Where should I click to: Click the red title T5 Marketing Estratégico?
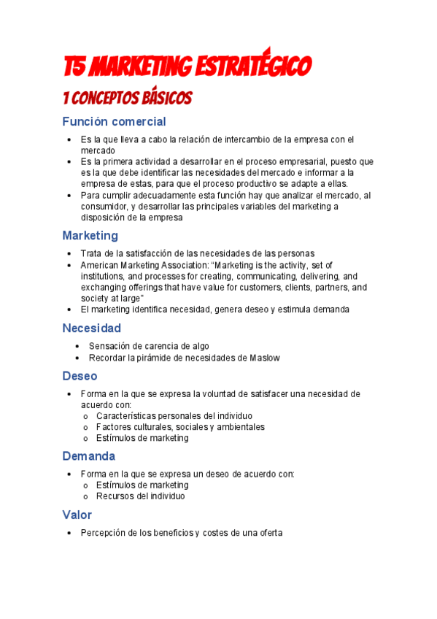coord(187,67)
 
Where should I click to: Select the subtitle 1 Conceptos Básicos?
coord(128,98)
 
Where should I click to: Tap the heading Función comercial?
coord(114,122)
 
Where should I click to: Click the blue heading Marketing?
coord(90,236)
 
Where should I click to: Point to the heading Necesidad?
coord(91,328)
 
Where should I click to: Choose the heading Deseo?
coord(80,376)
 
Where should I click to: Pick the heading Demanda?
coord(88,456)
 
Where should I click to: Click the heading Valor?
coord(77,515)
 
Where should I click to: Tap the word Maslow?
coord(264,358)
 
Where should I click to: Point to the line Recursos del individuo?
coord(140,496)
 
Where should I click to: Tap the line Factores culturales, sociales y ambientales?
coord(180,427)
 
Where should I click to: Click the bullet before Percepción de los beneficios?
coord(69,534)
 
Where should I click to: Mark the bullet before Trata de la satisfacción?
coord(69,253)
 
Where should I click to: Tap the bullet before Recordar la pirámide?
coord(77,358)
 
